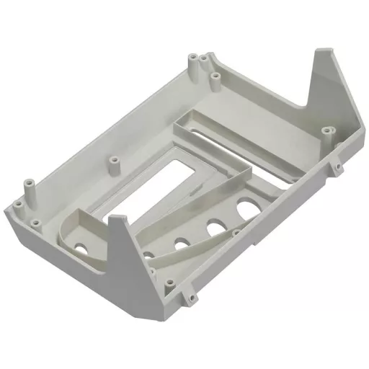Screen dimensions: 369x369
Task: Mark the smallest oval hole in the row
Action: click(148, 254)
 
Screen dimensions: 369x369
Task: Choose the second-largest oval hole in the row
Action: click(213, 230)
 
